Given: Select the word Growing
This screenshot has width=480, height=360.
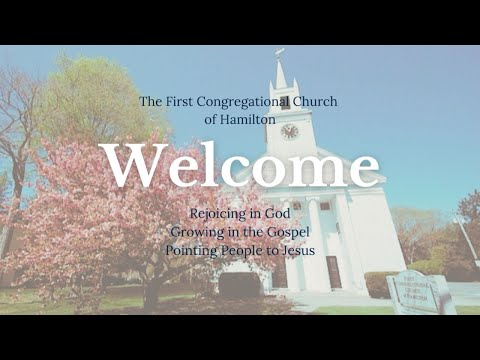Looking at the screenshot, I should [195, 232].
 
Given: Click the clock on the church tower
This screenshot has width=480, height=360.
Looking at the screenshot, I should [289, 131].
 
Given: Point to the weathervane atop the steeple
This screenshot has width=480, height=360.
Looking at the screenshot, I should [280, 52].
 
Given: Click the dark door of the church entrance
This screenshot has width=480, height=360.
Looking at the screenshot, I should [333, 272].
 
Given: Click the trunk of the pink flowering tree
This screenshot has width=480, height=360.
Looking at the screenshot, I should [151, 293].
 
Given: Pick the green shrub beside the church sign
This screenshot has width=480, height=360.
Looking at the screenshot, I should [377, 284].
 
